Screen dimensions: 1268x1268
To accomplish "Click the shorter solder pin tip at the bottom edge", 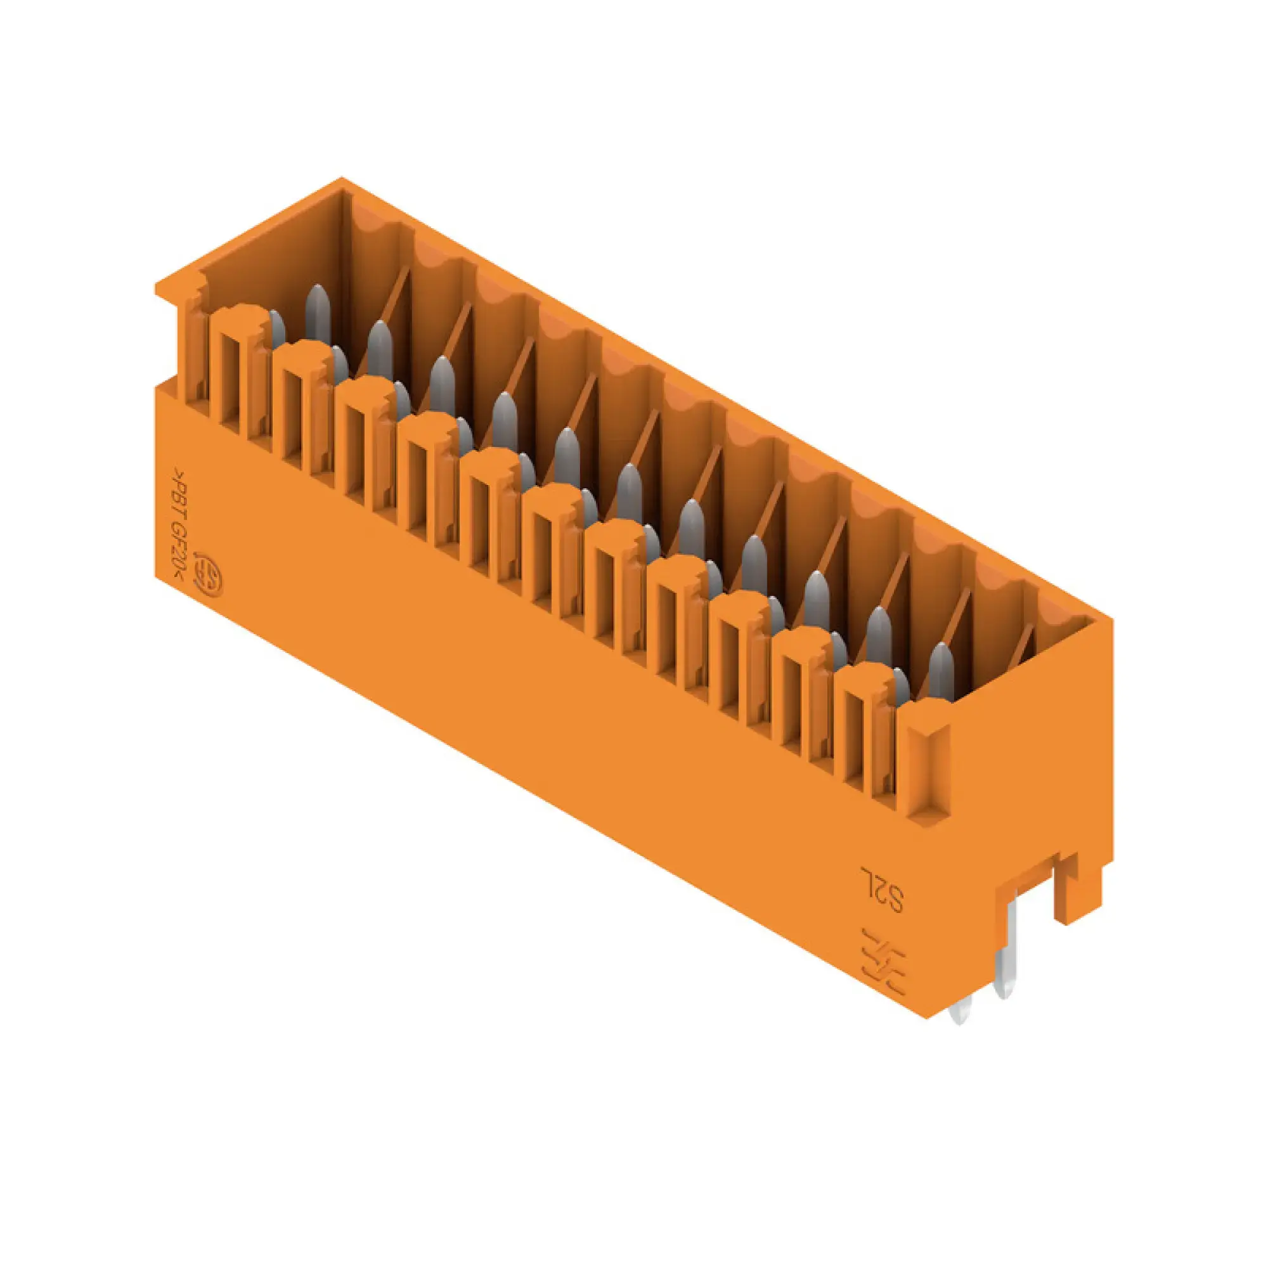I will [x=959, y=1014].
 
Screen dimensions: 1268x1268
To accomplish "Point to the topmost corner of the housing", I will [x=340, y=179].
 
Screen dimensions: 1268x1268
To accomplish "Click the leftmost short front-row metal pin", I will [x=277, y=328].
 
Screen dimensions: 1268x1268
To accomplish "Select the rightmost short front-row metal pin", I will [x=900, y=687].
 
